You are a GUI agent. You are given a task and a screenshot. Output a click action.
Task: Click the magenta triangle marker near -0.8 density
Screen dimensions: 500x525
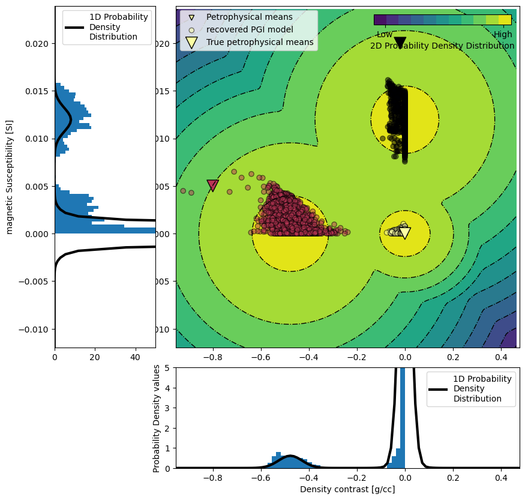point(212,185)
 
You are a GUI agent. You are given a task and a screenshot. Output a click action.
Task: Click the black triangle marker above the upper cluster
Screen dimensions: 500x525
point(400,43)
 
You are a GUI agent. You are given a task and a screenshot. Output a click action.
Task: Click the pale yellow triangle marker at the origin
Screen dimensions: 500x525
point(405,233)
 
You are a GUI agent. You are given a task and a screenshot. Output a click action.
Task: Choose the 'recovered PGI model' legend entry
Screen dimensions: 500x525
point(250,29)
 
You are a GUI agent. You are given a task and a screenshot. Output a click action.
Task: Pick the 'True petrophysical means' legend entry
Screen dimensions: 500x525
point(260,42)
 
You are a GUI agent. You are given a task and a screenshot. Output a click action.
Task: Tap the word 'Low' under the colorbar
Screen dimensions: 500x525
point(385,34)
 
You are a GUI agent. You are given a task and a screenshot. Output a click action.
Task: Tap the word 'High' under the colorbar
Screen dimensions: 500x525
point(503,34)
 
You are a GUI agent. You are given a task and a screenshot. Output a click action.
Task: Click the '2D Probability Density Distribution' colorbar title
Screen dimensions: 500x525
point(442,46)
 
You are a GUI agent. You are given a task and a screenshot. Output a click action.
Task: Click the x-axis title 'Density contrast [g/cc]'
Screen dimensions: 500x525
point(347,489)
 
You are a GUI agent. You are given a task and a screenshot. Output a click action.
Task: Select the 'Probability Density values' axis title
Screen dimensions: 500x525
point(157,418)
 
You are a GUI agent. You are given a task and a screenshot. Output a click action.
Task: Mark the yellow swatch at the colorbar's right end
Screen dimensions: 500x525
point(505,20)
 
